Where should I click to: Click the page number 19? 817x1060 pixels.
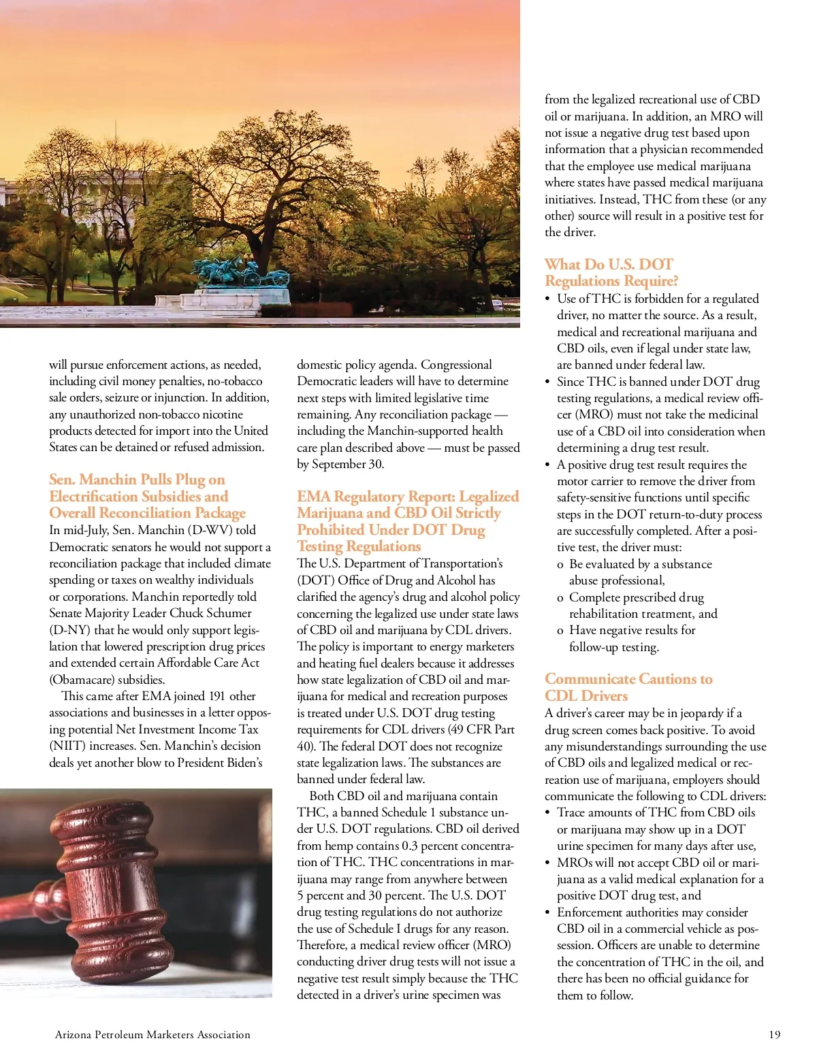(774, 1035)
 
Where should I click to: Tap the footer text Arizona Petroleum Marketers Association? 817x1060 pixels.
(153, 1035)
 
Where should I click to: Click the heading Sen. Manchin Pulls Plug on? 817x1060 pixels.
(137, 480)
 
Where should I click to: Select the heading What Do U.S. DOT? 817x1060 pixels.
(609, 265)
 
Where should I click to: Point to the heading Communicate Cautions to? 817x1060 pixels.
(628, 679)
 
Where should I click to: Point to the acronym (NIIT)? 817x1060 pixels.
(67, 746)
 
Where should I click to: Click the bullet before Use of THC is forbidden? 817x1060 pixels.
(547, 299)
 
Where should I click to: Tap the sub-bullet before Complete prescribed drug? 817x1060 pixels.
(560, 598)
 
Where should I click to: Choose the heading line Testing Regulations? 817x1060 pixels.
(359, 546)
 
